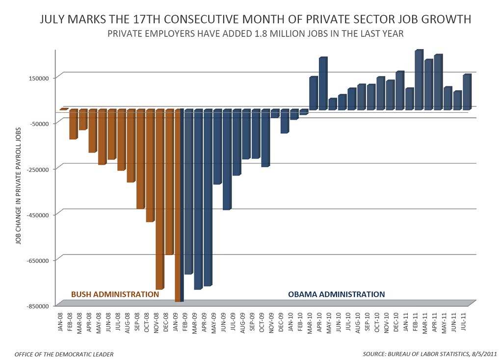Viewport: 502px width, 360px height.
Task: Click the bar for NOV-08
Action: click(x=160, y=199)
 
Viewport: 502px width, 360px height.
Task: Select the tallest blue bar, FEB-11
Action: click(x=419, y=79)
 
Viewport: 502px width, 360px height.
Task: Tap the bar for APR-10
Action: click(x=323, y=83)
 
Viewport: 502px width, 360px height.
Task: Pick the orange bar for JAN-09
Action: click(x=178, y=205)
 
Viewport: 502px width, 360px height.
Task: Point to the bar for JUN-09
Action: click(x=227, y=159)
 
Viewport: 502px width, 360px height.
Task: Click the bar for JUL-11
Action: click(x=467, y=92)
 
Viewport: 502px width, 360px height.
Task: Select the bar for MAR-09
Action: click(x=198, y=199)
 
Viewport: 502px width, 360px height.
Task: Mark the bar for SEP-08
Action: click(x=141, y=159)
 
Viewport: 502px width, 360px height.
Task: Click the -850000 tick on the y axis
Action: click(x=38, y=306)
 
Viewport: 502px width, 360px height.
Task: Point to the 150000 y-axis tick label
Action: click(x=40, y=78)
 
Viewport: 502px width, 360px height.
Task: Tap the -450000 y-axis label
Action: click(x=38, y=215)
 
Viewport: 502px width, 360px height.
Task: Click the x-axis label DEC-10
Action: click(x=396, y=322)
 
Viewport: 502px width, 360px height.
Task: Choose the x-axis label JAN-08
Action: click(x=60, y=322)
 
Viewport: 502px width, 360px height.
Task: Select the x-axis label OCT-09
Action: click(x=262, y=322)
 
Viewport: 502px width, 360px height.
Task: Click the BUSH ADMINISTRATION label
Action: click(x=115, y=294)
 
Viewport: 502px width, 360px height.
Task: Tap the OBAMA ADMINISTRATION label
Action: click(x=337, y=294)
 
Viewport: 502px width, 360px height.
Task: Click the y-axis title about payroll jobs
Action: click(x=18, y=185)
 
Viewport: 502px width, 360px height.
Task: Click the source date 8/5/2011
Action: click(x=484, y=354)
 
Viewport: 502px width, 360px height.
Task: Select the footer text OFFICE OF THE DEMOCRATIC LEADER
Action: click(x=64, y=354)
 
